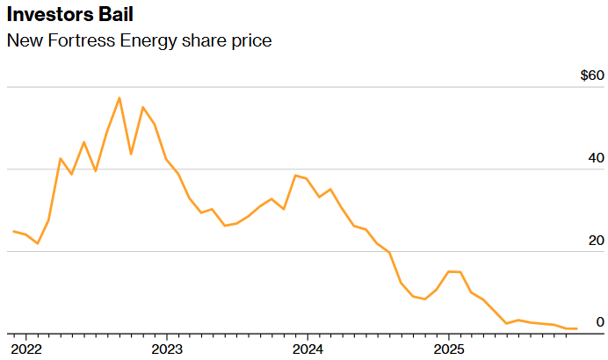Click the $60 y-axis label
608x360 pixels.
point(592,76)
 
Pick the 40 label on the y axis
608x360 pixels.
point(596,158)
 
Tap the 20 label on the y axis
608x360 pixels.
point(596,241)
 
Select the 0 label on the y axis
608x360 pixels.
point(600,322)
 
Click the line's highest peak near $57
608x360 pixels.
point(119,97)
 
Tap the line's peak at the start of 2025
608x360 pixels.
point(449,271)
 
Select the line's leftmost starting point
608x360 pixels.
point(14,231)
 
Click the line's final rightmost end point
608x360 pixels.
point(576,328)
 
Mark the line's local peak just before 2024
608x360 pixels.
point(295,176)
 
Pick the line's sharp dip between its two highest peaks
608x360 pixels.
point(131,155)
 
